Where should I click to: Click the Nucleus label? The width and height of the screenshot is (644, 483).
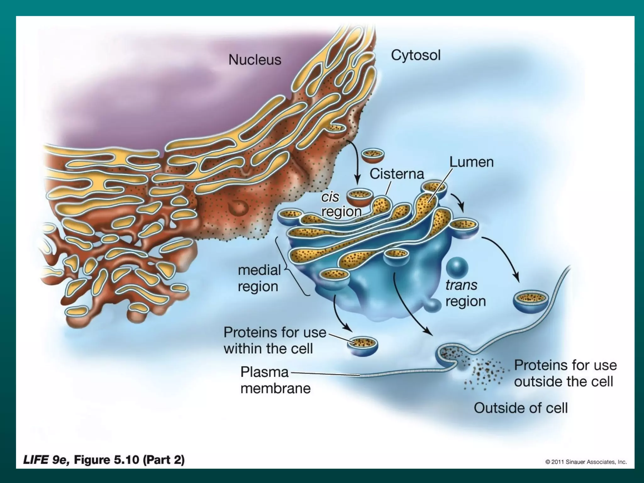point(255,60)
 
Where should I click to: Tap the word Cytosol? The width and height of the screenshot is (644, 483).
point(415,55)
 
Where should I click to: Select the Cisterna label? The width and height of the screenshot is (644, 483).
point(397,174)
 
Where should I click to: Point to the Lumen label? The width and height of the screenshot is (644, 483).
point(471,162)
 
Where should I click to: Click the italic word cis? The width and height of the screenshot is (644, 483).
point(330,197)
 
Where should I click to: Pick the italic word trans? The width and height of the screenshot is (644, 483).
point(461,285)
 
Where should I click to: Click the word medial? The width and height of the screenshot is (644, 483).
point(259,270)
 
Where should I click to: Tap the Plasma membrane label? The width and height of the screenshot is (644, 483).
point(275,380)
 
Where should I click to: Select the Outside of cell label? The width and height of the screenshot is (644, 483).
point(520,408)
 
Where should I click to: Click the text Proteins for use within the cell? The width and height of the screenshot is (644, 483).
point(275,341)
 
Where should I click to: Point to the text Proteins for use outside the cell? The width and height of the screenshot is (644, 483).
point(565,374)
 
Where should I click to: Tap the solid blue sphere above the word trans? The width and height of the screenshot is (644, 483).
point(457,268)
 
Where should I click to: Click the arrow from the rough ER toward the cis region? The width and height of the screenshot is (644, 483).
point(355,164)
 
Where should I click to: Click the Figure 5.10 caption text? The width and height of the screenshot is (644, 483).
point(104,460)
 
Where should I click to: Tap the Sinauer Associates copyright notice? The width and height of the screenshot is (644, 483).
point(586,462)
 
